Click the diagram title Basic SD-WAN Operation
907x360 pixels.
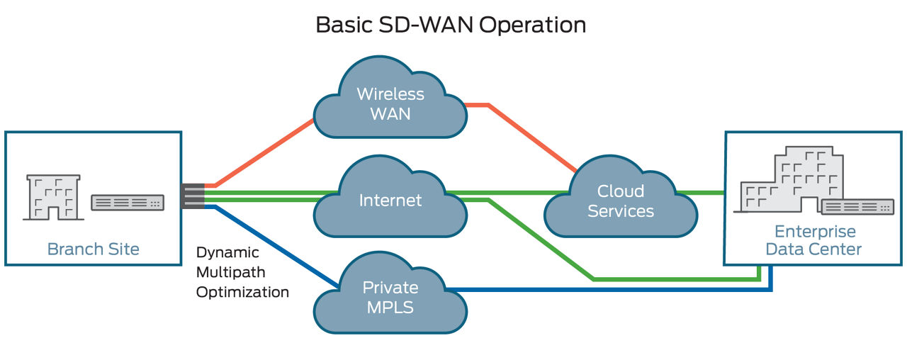coord(451,24)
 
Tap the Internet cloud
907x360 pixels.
coord(390,200)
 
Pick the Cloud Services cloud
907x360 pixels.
coord(620,201)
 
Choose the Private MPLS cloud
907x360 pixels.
coord(390,298)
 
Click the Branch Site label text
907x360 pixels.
coord(93,249)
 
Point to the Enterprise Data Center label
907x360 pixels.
coord(814,240)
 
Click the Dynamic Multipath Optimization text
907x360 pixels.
coord(242,272)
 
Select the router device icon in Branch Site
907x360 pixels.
coord(128,203)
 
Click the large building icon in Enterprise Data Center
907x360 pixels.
coord(787,180)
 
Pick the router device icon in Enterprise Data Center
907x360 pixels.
coord(857,207)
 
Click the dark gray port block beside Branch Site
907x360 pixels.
coord(193,196)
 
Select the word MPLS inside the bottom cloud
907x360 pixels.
coord(390,308)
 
